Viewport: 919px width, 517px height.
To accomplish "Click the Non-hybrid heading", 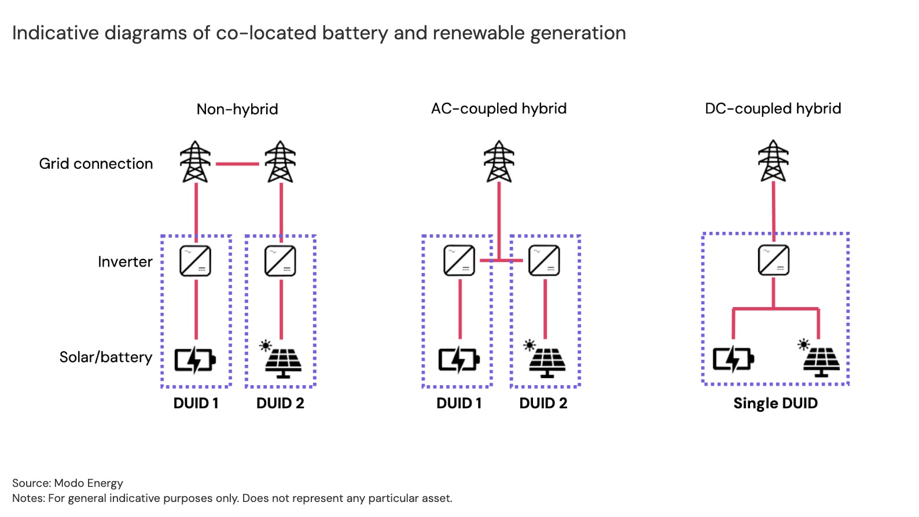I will pos(237,109).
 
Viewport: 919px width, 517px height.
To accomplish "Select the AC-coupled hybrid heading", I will pos(498,109).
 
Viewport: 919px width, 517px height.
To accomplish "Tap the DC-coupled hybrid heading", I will pos(773,109).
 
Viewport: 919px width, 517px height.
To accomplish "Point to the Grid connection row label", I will pos(96,164).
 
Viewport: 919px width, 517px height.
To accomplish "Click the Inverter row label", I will pos(125,262).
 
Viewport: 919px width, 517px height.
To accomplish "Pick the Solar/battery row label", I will pos(106,357).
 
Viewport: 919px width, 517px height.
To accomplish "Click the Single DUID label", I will pos(775,403).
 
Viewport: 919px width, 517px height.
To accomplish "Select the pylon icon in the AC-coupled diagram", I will pos(499,161).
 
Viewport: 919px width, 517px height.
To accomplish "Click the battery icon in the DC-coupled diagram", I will pos(733,359).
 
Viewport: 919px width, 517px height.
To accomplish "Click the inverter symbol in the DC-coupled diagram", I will pos(774,260).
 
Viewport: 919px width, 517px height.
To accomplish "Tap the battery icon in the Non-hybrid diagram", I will pos(195,360).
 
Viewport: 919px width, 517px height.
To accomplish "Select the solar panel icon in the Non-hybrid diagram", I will pos(282,360).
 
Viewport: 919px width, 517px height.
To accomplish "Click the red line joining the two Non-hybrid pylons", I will pos(237,164).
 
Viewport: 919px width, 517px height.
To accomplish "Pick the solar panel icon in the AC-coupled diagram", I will pos(546,359).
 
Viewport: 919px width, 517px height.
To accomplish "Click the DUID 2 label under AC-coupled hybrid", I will pos(543,403).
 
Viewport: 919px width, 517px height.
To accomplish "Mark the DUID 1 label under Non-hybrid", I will pos(196,403).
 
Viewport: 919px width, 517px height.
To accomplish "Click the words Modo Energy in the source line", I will pos(89,483).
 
